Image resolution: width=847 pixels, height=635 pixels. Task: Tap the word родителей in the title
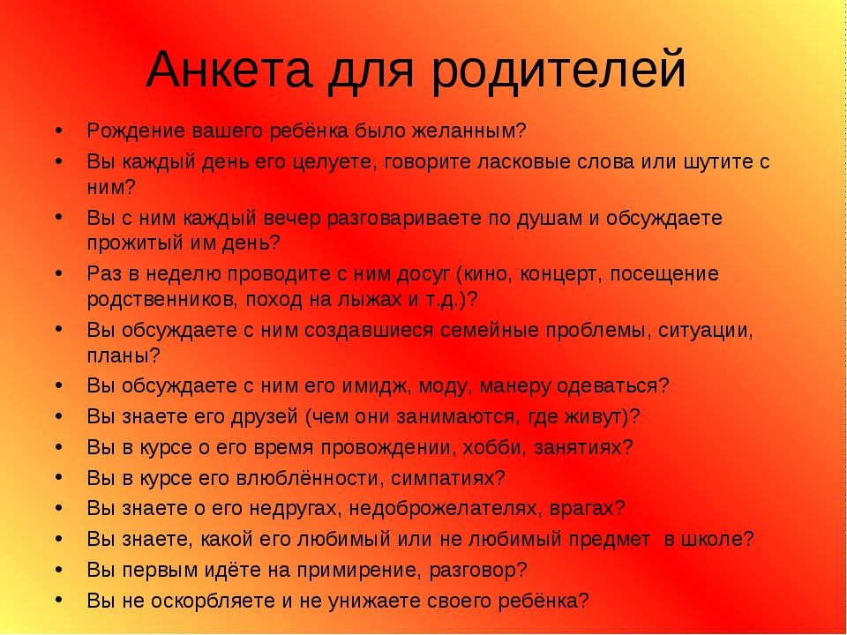558,71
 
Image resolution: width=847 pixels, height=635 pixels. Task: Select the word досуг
423,275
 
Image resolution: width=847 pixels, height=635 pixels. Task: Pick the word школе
716,540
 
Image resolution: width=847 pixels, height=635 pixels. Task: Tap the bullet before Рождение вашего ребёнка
58,131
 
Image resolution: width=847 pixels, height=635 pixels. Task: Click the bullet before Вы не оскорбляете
58,600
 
